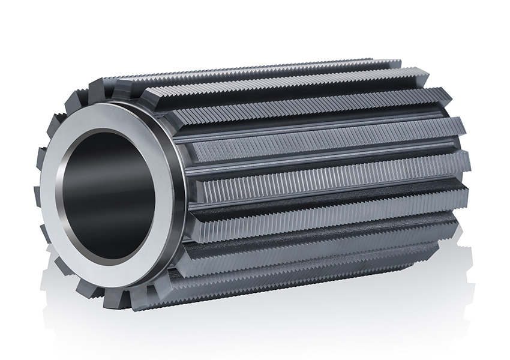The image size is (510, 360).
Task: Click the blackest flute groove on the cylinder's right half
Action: tap(336, 198)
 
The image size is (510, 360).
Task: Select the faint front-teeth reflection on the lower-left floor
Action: tap(90, 324)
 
